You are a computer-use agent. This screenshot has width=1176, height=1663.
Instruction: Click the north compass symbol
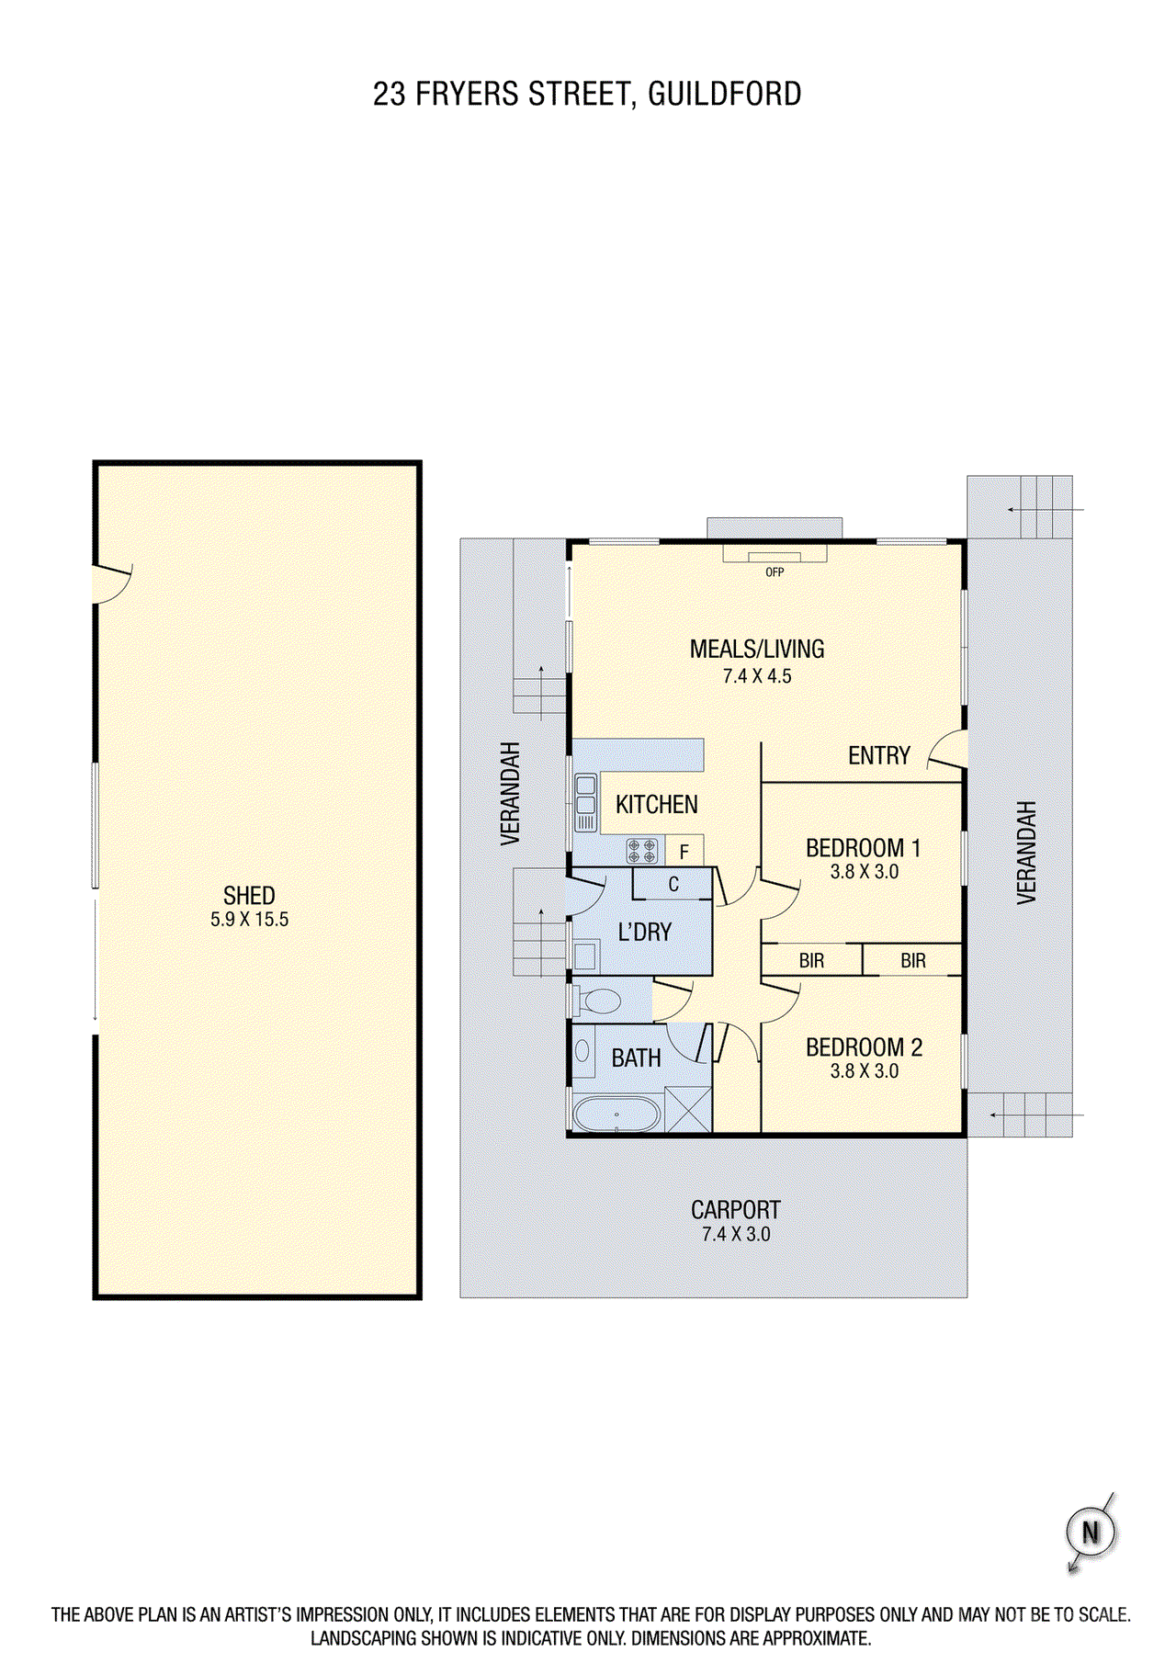(x=1091, y=1532)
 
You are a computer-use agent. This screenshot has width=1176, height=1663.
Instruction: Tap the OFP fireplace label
(x=775, y=572)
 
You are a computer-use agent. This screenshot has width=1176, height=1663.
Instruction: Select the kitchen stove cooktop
(x=642, y=850)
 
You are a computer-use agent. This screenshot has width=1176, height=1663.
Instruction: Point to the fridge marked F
(x=684, y=852)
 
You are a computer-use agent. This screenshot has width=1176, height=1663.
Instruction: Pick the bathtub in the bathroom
(x=616, y=1114)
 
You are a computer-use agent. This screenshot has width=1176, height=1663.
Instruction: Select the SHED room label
(x=249, y=896)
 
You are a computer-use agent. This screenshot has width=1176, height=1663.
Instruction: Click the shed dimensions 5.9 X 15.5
(x=249, y=920)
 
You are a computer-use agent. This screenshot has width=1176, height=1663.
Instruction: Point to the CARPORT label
(x=736, y=1210)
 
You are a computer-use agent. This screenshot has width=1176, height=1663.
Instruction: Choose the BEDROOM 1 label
(x=863, y=848)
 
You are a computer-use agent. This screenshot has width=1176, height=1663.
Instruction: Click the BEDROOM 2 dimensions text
(x=864, y=1071)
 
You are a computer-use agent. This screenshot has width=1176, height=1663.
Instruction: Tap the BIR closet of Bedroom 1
(x=812, y=961)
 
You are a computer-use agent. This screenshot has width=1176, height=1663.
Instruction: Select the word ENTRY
(x=878, y=756)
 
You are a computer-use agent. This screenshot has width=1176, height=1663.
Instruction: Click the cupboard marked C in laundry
(x=673, y=884)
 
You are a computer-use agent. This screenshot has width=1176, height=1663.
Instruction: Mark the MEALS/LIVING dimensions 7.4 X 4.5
(x=757, y=676)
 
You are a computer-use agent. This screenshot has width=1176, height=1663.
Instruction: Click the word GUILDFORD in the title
(x=725, y=94)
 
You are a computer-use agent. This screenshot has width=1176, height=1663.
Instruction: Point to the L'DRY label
(x=645, y=933)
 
